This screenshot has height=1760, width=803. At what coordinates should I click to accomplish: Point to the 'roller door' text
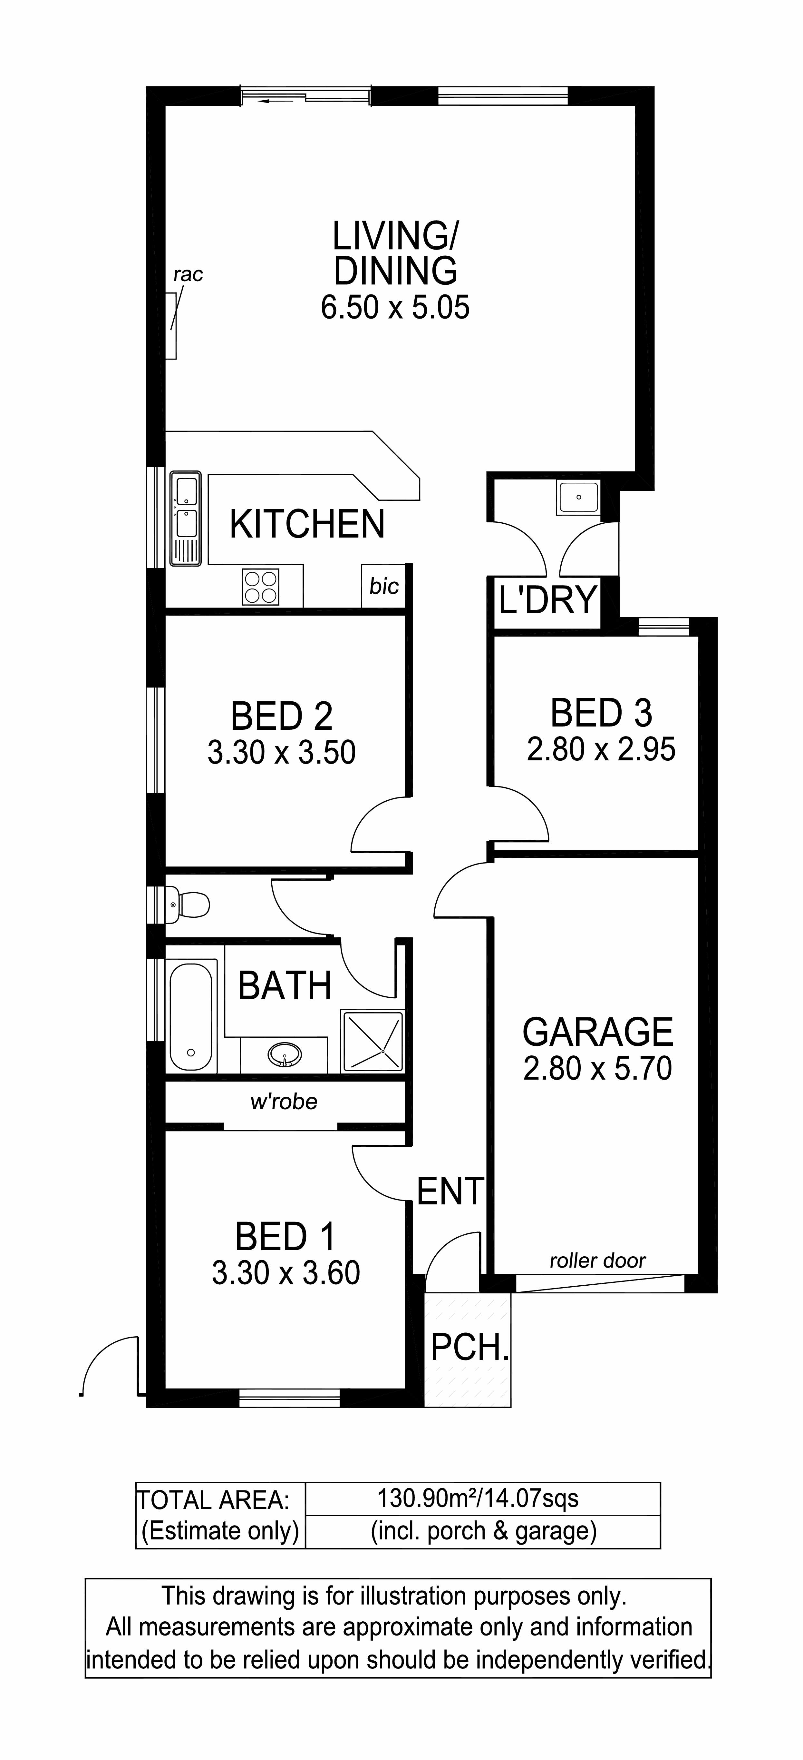tap(597, 1261)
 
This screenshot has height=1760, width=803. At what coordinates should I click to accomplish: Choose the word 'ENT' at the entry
tap(451, 1191)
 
